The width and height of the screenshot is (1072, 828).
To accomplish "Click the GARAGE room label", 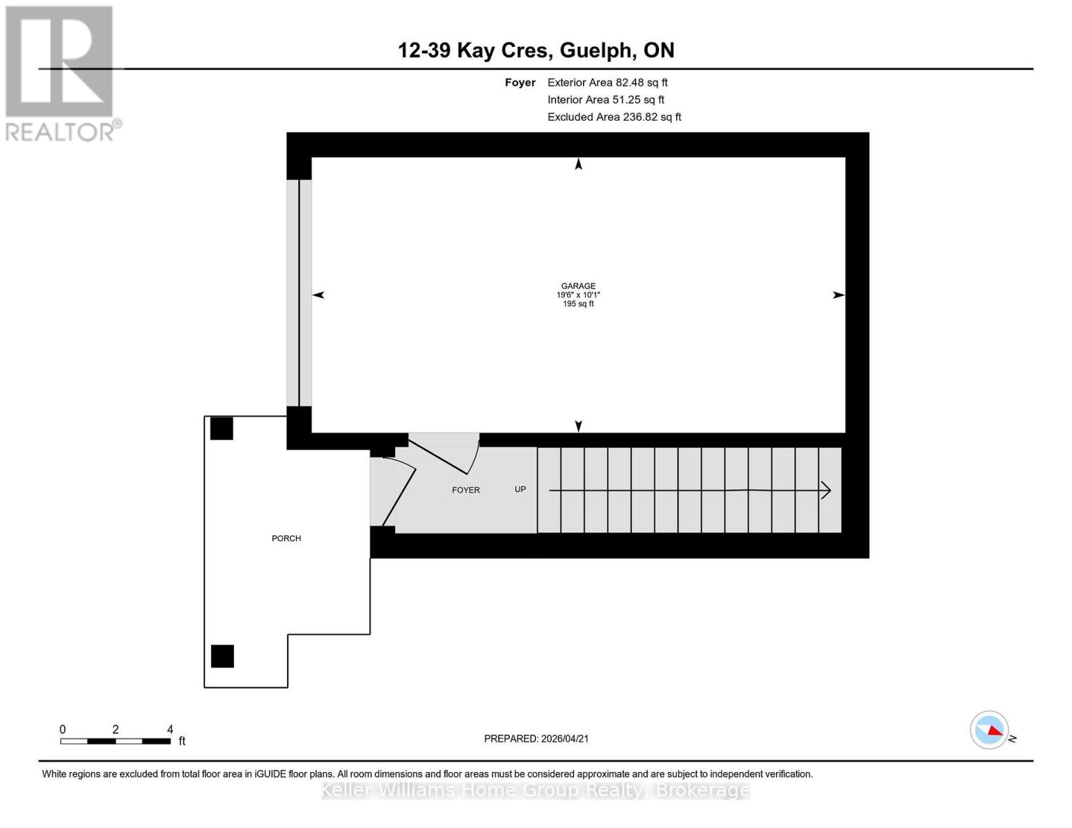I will click(578, 286).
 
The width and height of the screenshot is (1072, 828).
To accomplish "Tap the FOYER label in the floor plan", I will click(466, 490).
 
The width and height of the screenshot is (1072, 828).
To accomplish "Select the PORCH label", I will click(286, 538).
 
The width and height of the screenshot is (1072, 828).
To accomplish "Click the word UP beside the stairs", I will click(520, 489).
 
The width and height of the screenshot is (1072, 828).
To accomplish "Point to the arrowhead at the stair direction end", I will click(826, 491).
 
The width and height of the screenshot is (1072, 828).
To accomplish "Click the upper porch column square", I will click(221, 428).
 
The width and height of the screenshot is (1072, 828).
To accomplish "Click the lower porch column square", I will click(222, 656).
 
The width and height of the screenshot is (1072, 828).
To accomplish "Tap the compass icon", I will click(989, 730).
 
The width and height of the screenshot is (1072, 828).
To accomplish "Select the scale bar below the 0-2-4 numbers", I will click(115, 741).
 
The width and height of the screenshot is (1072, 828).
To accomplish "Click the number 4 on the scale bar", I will click(170, 729).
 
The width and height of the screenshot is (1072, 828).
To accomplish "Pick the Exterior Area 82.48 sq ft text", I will click(607, 82).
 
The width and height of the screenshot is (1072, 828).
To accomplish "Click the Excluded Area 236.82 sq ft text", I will click(614, 117).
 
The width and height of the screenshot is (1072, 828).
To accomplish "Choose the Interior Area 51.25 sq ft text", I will click(606, 99).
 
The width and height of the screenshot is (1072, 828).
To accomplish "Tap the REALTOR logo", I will click(61, 73).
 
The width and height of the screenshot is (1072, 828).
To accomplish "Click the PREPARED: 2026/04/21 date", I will click(536, 738).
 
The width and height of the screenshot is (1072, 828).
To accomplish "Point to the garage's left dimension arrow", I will click(318, 295).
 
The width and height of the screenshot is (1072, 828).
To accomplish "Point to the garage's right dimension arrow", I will click(838, 295).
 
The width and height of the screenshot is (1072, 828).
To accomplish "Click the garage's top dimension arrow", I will click(579, 164).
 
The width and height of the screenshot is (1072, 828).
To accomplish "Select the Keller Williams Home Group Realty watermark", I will click(535, 790).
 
